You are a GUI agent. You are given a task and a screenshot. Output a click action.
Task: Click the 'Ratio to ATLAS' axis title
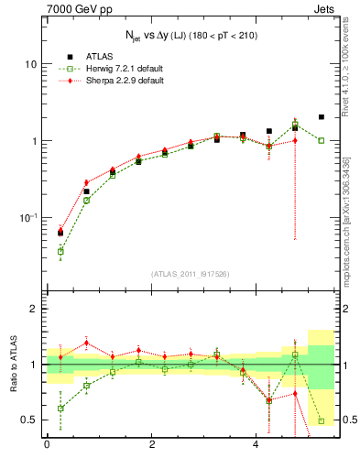tap(13, 365)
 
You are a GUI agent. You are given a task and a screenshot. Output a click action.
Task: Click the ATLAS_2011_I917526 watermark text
tap(191, 273)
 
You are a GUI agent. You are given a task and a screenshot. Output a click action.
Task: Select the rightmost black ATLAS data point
tap(321, 117)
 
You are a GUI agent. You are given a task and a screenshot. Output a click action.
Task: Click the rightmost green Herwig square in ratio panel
tap(321, 421)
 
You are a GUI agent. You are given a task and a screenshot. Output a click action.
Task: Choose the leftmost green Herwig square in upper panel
tap(60, 251)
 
